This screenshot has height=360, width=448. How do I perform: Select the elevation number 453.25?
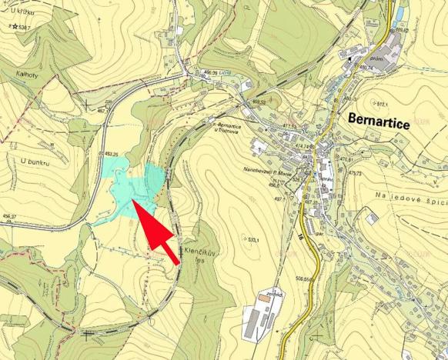pyautogui.click(x=116, y=153)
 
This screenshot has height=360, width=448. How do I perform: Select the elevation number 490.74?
pyautogui.click(x=366, y=68)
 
